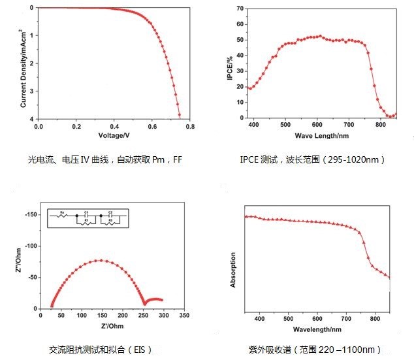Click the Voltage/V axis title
pos(114,135)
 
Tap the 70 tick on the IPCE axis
pos(240,8)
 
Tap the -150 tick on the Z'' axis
pos(29,214)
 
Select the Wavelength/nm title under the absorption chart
pos(319,329)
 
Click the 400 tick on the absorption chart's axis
pos(260,319)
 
